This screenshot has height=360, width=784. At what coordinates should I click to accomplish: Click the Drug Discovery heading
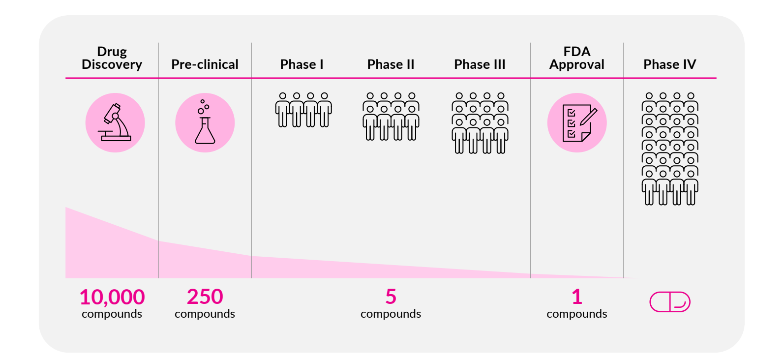[112, 58]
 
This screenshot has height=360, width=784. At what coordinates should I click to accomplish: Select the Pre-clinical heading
[205, 64]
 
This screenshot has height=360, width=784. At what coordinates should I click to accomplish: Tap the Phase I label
[302, 64]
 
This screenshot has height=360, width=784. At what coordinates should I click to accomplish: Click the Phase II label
[391, 64]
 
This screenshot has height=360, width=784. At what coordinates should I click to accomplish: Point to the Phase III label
[480, 64]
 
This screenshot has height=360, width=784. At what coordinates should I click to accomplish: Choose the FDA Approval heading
[576, 58]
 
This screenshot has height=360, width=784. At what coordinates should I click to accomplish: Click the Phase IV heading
[669, 64]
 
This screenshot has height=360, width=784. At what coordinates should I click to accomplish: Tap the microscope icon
[115, 122]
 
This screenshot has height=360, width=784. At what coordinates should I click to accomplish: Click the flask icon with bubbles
[205, 122]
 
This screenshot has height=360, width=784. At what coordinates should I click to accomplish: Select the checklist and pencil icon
[577, 122]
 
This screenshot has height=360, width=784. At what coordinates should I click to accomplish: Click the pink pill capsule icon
[669, 302]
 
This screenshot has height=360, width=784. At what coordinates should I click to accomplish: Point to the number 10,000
[112, 297]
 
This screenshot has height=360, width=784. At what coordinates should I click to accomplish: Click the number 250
[205, 297]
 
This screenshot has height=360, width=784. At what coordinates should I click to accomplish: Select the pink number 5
[391, 297]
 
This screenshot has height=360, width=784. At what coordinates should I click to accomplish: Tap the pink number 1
[576, 297]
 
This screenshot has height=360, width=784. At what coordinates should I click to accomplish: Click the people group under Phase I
[303, 110]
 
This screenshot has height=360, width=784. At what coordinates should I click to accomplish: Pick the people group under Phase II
[391, 117]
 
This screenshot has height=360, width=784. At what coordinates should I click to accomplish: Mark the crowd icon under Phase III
[480, 123]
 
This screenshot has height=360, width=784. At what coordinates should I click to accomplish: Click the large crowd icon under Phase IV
[670, 149]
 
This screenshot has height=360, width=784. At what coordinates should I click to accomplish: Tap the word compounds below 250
[205, 314]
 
